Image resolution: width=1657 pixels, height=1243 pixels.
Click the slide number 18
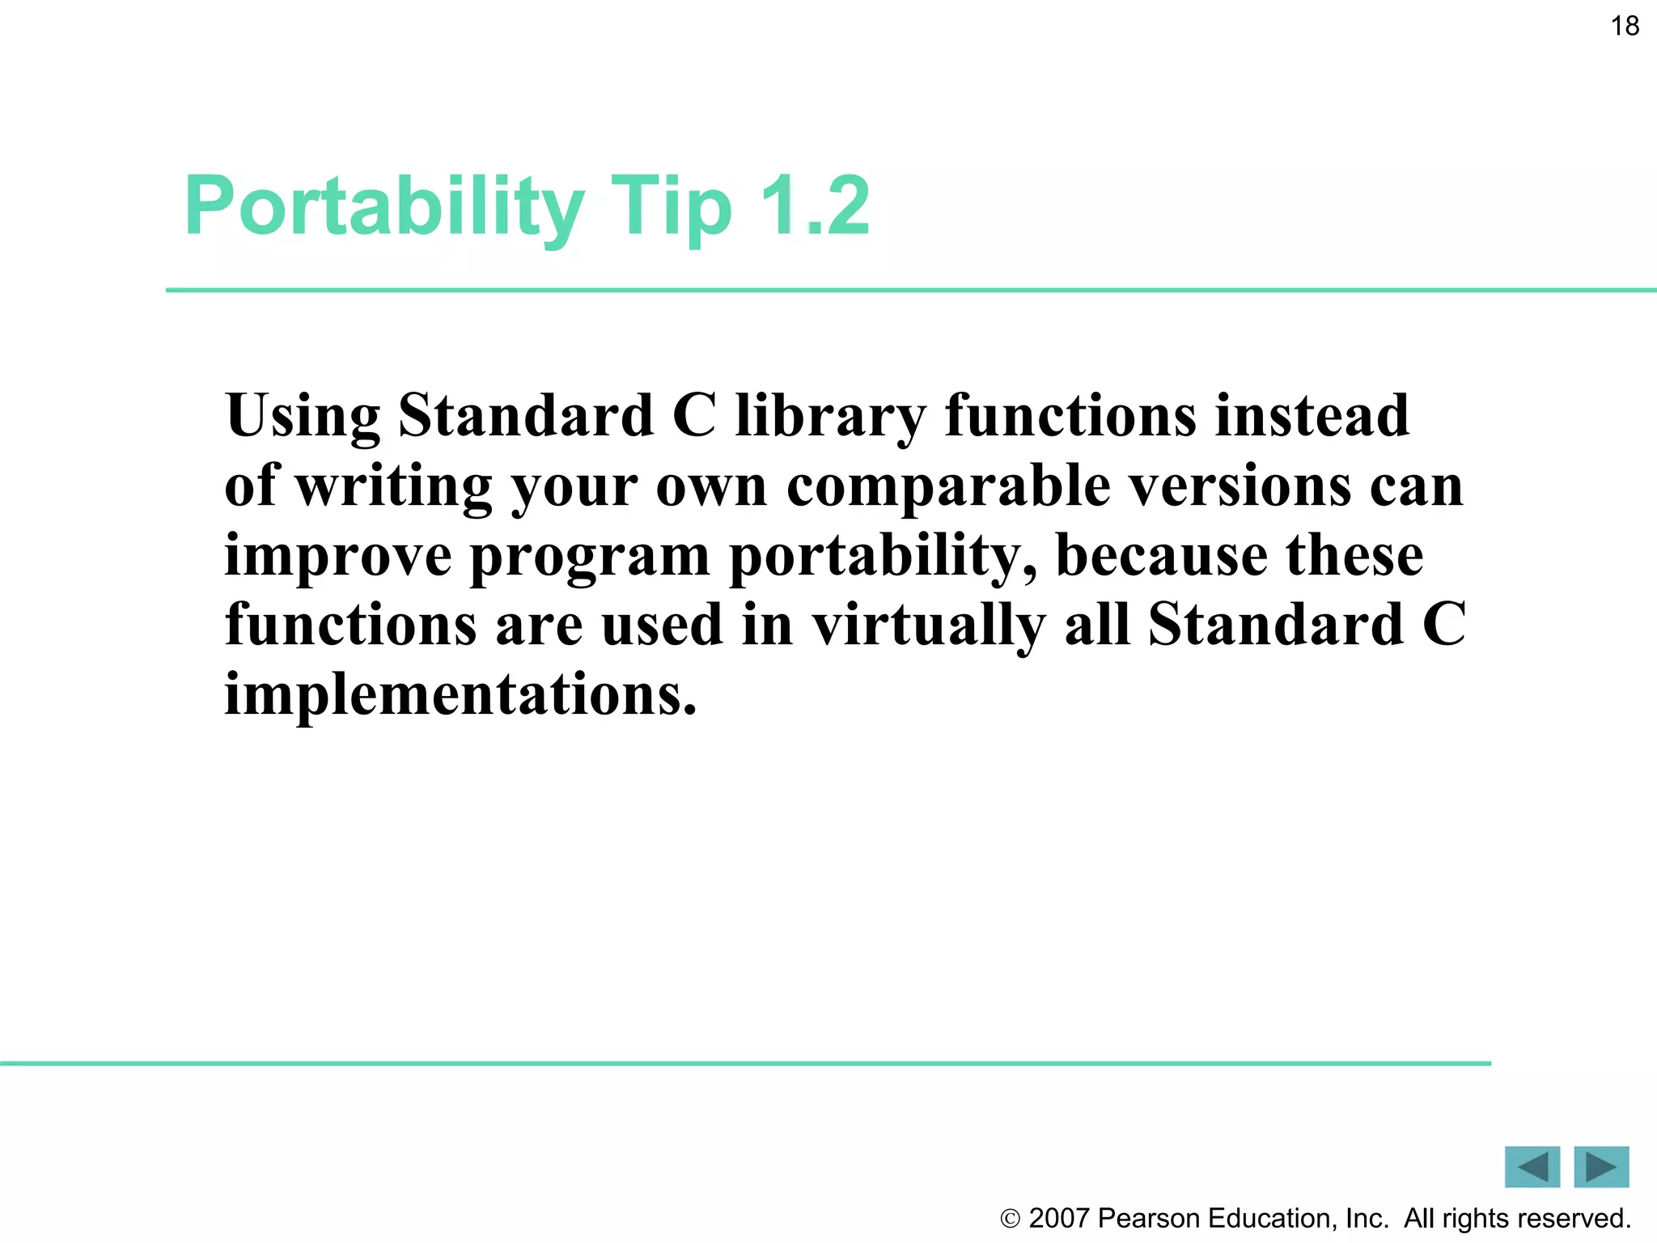point(1624,27)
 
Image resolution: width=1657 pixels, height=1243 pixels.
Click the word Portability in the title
point(384,207)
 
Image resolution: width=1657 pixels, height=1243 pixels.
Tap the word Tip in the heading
point(671,207)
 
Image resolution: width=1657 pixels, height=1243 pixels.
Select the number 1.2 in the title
point(815,207)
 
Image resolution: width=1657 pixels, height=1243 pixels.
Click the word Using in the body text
point(303,417)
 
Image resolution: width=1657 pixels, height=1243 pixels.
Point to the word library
point(830,417)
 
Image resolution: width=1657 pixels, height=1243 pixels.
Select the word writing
point(393,487)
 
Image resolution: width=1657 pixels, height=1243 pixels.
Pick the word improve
point(337,557)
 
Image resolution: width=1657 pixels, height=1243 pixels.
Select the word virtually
point(928,626)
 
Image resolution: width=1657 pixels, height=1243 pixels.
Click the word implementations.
point(460,695)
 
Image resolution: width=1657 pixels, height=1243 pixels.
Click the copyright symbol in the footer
point(1011,1219)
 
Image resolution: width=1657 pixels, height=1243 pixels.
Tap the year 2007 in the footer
point(1058,1219)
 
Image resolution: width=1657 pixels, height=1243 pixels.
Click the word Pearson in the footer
point(1149,1219)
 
